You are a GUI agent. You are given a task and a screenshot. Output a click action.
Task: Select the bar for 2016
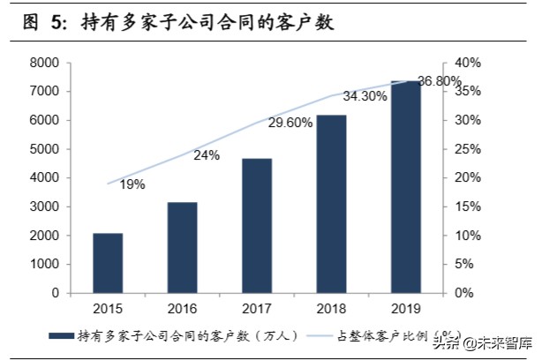pos(183,247)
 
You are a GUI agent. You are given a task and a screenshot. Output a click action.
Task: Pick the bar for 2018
pos(332,204)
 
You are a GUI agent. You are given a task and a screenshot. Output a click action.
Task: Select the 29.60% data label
pos(290,124)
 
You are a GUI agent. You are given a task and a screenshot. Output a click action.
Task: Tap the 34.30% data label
pos(365,96)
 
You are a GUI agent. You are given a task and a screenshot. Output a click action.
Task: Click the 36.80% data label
pos(439,81)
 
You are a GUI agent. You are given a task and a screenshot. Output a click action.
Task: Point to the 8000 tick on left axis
pos(44,64)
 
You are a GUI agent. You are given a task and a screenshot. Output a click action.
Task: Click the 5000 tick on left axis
pos(44,149)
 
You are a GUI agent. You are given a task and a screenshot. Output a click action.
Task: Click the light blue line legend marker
pos(320,336)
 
